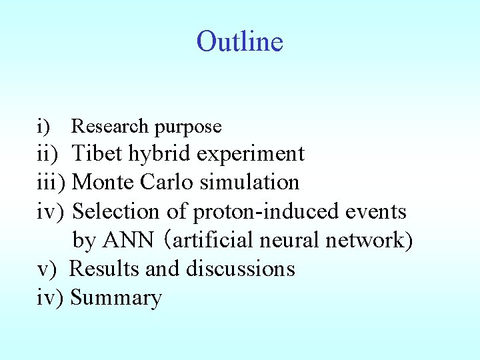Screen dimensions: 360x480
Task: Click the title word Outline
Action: coord(240,41)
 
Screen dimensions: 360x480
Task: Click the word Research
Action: coord(109,126)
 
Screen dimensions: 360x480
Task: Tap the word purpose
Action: coord(188,126)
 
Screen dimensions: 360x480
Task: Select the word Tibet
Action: coord(97,154)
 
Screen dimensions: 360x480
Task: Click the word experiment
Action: coord(251,155)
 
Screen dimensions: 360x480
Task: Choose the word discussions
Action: coord(240,269)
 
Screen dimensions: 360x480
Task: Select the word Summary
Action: coord(116,298)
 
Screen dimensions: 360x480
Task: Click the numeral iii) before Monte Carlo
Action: coord(51,183)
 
